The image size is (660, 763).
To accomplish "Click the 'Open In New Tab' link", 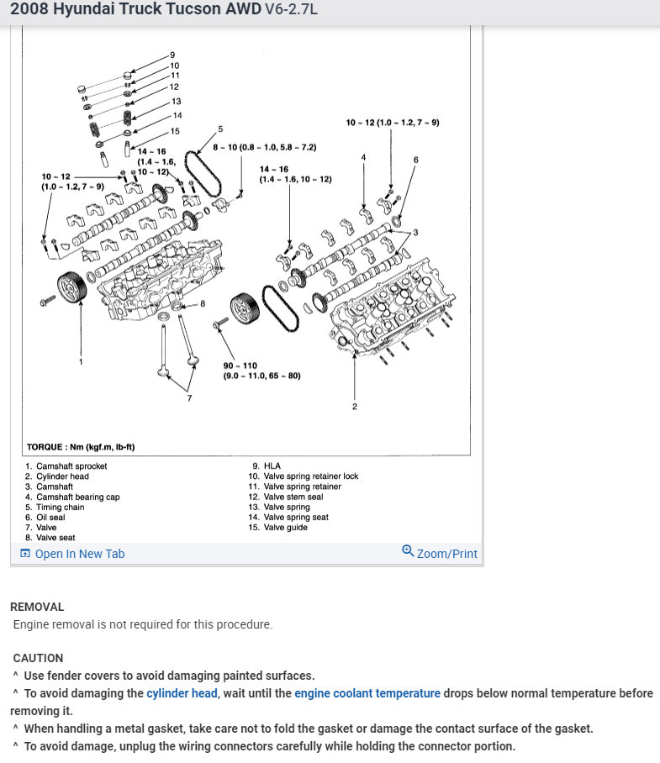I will [79, 554].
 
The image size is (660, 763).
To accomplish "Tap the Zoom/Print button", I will [440, 553].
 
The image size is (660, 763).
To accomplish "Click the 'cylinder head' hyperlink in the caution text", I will [182, 693].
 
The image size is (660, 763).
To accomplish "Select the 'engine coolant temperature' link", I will [367, 693].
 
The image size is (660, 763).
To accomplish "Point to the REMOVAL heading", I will [37, 607].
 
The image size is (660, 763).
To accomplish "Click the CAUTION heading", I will [38, 658].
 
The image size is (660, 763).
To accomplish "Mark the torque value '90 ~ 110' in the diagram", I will [240, 366].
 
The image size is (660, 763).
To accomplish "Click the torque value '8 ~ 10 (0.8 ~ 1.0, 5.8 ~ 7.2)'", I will [264, 147].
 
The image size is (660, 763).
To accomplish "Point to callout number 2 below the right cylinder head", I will [355, 407].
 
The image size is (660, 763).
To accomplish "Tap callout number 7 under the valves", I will [189, 397].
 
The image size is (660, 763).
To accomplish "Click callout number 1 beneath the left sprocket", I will [81, 361].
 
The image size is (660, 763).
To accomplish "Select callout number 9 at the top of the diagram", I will [172, 55].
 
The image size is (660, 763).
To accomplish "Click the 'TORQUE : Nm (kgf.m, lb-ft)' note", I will [81, 447].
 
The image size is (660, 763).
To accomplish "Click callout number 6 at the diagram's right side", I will [415, 159].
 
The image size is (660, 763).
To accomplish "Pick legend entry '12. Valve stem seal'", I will [293, 497].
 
